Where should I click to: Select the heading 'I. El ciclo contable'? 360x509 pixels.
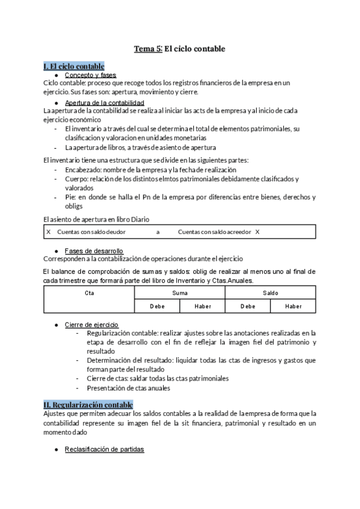74,66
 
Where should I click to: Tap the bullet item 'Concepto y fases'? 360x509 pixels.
91,75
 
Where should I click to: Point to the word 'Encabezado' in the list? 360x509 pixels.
82,170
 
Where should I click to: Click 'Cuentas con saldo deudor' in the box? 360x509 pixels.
91,232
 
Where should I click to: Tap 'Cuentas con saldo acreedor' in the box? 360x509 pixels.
215,232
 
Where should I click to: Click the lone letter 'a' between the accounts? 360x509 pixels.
158,232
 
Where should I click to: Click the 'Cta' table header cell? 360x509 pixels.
89,293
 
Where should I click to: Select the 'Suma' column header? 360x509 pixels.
179,293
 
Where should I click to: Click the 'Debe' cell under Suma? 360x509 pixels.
157,306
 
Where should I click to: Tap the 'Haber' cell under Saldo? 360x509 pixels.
293,306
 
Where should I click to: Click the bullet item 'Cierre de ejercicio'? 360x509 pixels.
92,325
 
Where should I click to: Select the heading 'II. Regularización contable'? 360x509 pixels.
88,405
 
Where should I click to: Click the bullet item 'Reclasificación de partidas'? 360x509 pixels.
105,450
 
